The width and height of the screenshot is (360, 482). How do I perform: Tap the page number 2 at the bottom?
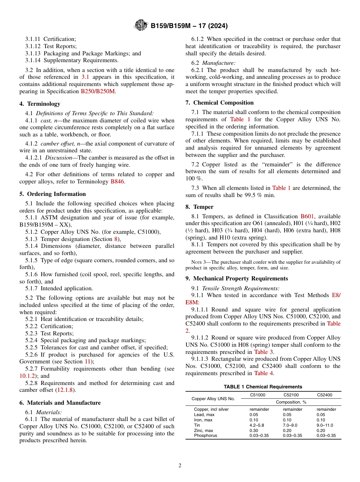coord(180,465)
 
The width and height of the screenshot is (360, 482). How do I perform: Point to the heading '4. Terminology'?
coord(40,104)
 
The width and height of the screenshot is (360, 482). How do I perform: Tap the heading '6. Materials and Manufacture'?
coord(60,403)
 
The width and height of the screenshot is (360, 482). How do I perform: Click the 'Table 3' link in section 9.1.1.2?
coord(264,352)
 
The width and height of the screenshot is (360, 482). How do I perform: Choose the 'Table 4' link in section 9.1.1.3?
coord(264,373)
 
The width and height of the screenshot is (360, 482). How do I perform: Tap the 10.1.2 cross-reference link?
coord(29,376)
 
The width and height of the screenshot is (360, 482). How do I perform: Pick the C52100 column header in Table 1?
coord(291,395)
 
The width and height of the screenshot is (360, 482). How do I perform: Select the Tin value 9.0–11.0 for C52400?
coord(325,425)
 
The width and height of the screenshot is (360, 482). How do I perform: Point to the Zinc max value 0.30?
coord(254,430)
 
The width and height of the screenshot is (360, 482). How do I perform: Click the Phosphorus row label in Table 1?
coord(205,436)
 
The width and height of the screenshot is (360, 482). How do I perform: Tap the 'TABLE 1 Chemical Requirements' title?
coord(263,387)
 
